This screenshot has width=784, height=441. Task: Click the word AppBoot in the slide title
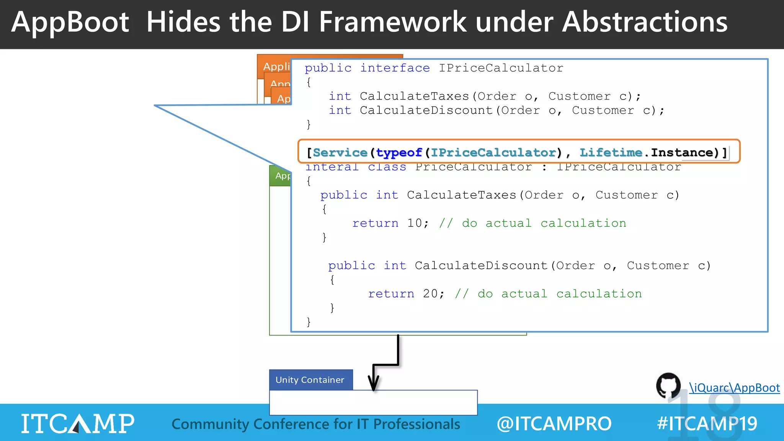pos(70,22)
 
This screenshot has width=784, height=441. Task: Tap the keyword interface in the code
pos(395,68)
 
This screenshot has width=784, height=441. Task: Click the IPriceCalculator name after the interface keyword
pos(501,68)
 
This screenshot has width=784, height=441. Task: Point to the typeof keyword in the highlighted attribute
pos(399,153)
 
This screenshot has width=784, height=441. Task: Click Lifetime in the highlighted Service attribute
pos(611,152)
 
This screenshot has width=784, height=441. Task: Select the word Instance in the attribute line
pos(682,152)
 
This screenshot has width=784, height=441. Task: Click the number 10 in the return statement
pos(414,223)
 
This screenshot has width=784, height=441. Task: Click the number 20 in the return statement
pos(430,294)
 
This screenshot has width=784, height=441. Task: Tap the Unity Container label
pos(310,380)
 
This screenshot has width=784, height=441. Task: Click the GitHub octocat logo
pos(668,385)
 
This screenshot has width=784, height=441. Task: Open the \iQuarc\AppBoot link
pos(734,388)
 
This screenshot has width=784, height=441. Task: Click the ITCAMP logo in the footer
pos(78,423)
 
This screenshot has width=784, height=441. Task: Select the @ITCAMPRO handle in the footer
pos(554,424)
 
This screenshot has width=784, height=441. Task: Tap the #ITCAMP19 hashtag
pos(707,424)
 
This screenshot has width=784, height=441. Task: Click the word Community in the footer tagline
pos(210,424)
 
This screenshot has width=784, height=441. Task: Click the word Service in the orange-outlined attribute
pos(340,153)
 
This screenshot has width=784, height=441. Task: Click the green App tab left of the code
pos(282,176)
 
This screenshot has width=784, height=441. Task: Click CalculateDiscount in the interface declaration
pos(426,111)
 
